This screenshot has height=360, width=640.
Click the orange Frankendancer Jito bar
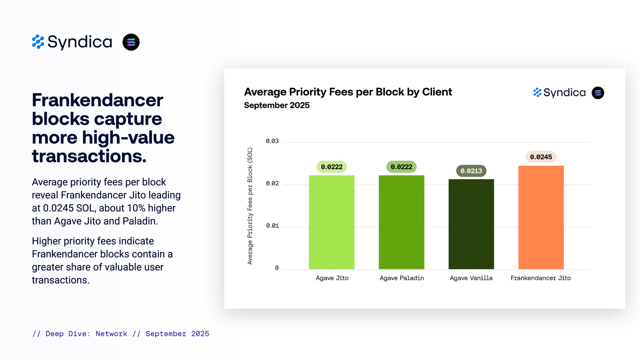pyautogui.click(x=541, y=217)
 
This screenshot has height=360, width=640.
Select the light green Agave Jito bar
pyautogui.click(x=332, y=222)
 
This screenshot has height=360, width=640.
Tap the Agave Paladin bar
pyautogui.click(x=401, y=222)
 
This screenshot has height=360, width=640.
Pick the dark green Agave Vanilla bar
pyautogui.click(x=471, y=224)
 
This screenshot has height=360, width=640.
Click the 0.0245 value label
pyautogui.click(x=541, y=157)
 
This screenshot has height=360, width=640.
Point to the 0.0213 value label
pyautogui.click(x=471, y=171)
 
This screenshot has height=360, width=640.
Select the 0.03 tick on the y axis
pyautogui.click(x=272, y=141)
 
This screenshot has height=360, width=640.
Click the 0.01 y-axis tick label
pyautogui.click(x=272, y=226)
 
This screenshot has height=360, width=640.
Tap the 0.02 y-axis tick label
pyautogui.click(x=272, y=183)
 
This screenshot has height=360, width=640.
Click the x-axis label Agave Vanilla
pyautogui.click(x=471, y=278)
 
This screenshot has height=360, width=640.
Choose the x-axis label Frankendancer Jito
pyautogui.click(x=540, y=278)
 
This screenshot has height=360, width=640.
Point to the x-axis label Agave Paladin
pyautogui.click(x=402, y=278)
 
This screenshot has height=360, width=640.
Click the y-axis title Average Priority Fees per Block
pyautogui.click(x=250, y=206)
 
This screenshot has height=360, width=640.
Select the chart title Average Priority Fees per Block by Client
pyautogui.click(x=348, y=92)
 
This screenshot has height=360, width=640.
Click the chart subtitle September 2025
pyautogui.click(x=277, y=105)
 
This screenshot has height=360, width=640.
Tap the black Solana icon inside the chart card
pyautogui.click(x=598, y=93)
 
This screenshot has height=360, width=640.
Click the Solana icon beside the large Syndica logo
pyautogui.click(x=131, y=42)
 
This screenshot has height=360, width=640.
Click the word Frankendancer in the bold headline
pyautogui.click(x=98, y=100)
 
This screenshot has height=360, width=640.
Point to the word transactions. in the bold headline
pyautogui.click(x=89, y=156)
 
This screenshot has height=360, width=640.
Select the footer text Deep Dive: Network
pyautogui.click(x=86, y=334)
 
